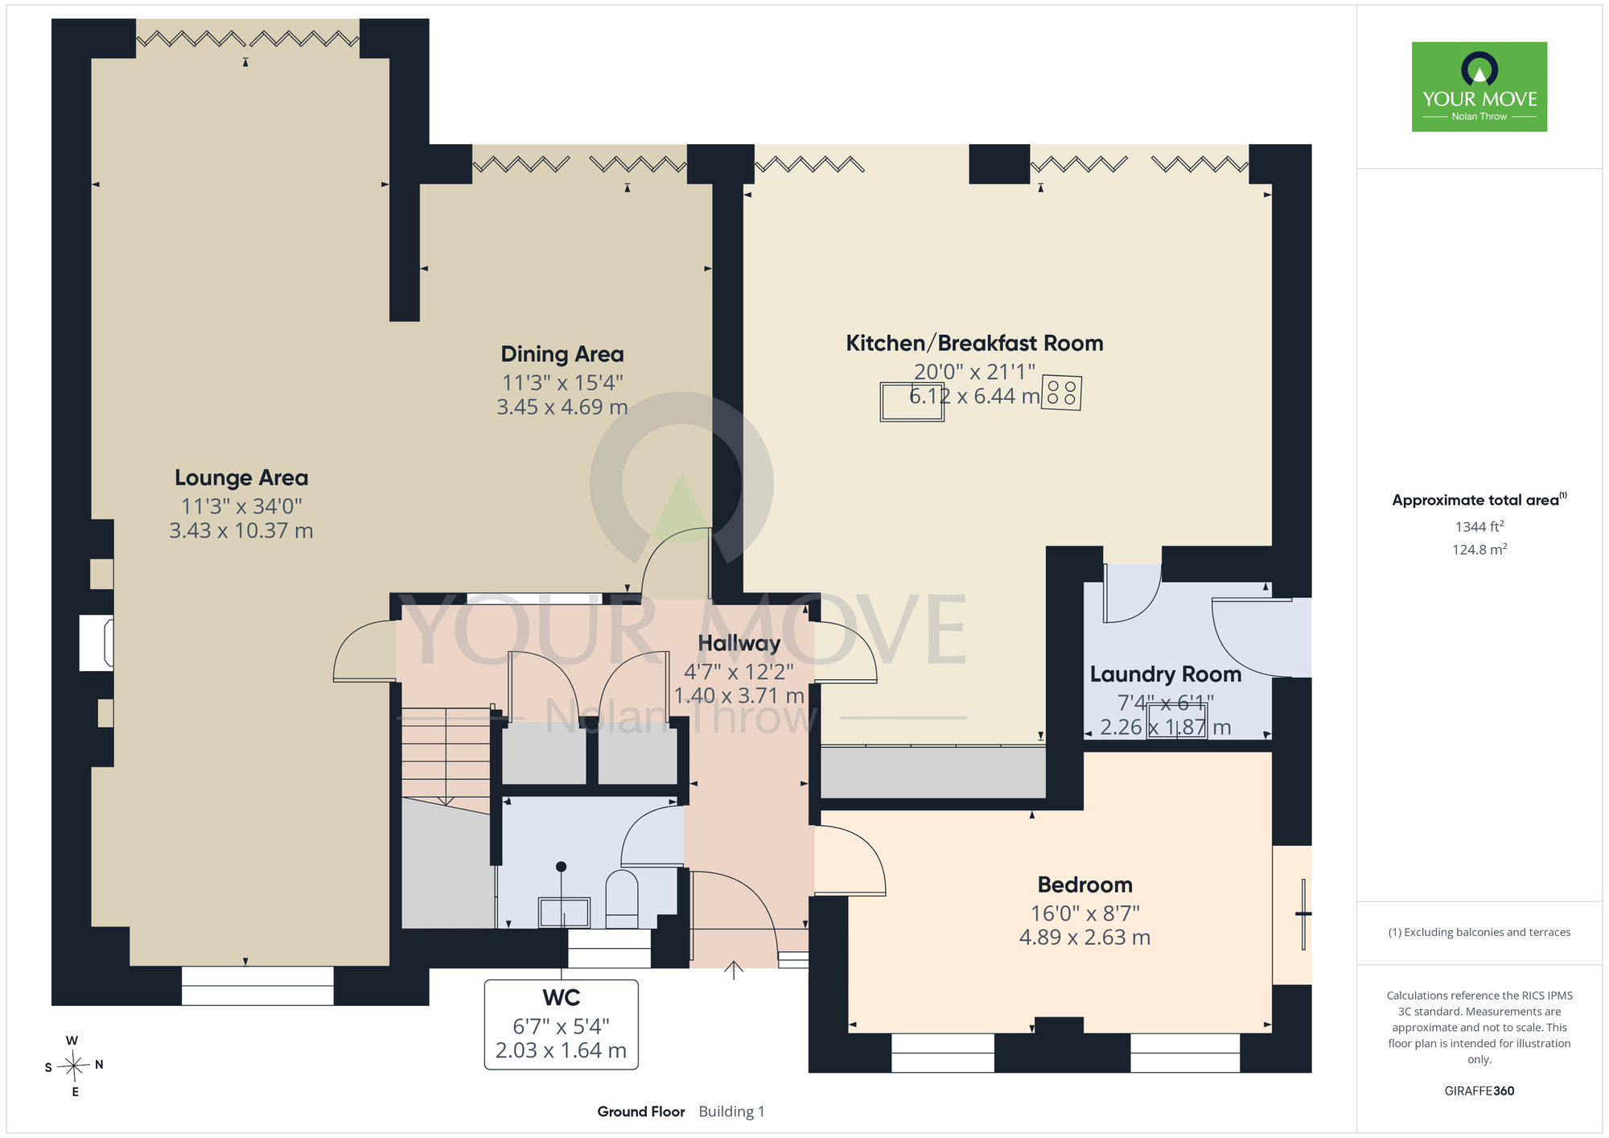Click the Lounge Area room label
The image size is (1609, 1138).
coord(241,478)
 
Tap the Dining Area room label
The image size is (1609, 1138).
coord(562,354)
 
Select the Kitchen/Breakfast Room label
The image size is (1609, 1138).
coord(974,344)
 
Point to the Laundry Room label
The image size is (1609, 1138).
coord(1166,674)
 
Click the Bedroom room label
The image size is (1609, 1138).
coord(1085,885)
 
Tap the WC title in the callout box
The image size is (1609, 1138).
coord(562,998)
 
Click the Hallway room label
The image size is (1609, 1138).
coord(739,643)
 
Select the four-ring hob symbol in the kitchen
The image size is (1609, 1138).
coord(1062,394)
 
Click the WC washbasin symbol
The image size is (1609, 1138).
coord(564,913)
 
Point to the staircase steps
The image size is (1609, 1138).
coord(446,757)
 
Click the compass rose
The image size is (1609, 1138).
coord(74,1066)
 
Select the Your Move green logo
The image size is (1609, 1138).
coord(1479,87)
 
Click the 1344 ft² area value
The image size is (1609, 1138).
coord(1479,527)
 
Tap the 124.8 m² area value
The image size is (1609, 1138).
coord(1479,550)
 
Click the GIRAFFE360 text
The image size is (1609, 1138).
coord(1479,1091)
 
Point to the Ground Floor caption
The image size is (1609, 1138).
coord(641,1111)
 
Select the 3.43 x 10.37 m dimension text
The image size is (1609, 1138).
coord(241,531)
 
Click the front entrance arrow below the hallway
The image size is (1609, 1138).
coord(734,970)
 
